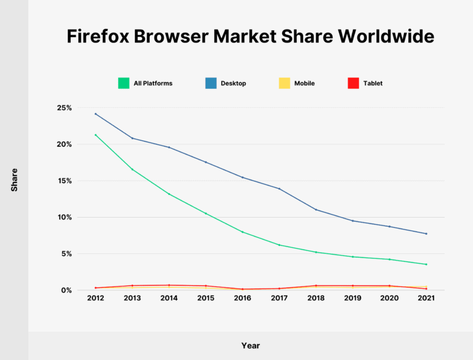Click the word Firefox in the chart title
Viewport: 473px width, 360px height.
99,36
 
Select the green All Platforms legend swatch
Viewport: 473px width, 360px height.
123,83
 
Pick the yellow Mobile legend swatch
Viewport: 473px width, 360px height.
284,83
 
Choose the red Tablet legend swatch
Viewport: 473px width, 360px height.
353,83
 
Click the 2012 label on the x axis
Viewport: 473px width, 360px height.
95,298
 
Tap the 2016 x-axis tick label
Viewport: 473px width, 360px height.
242,298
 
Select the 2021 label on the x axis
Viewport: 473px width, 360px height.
426,298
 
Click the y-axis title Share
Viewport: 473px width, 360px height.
14,179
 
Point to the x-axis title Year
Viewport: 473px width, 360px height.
250,345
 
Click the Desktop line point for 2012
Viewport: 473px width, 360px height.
95,114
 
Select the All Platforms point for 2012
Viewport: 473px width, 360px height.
95,135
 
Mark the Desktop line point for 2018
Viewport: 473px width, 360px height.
316,210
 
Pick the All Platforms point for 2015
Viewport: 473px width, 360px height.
206,213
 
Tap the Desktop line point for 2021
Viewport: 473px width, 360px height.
426,234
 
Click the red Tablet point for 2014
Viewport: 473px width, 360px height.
169,285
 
